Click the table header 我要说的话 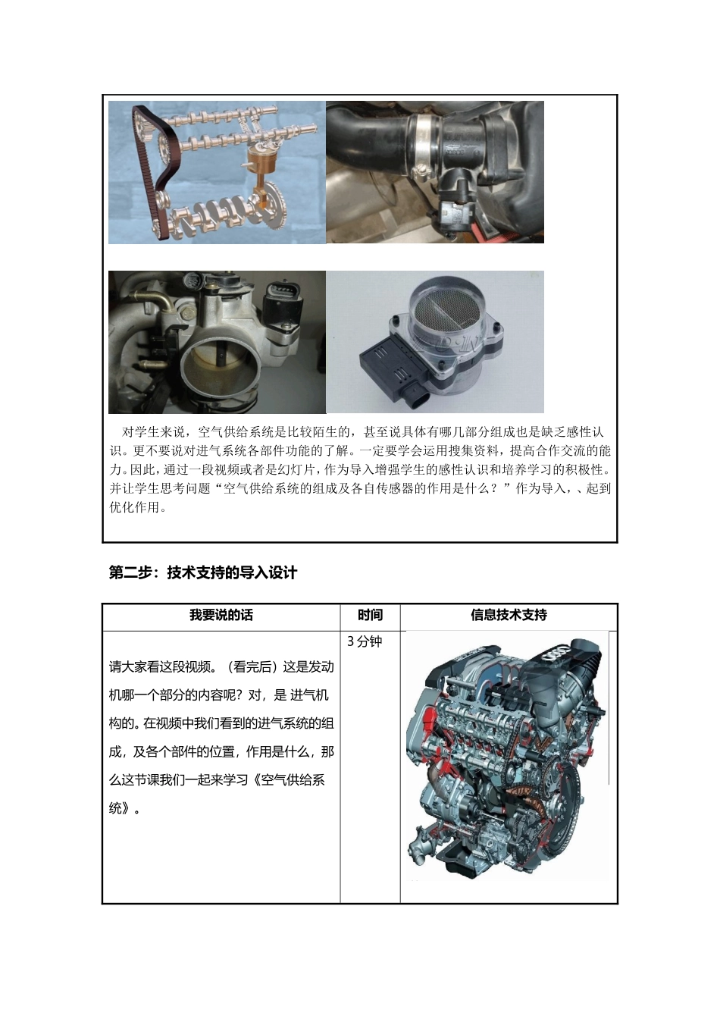click(221, 616)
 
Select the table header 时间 click(370, 616)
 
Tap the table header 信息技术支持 click(509, 616)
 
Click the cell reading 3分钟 click(365, 641)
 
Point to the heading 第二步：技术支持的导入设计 click(203, 573)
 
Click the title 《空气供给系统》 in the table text click(289, 780)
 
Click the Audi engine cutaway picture click(506, 758)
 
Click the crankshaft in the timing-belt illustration click(220, 213)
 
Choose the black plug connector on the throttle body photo click(283, 303)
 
